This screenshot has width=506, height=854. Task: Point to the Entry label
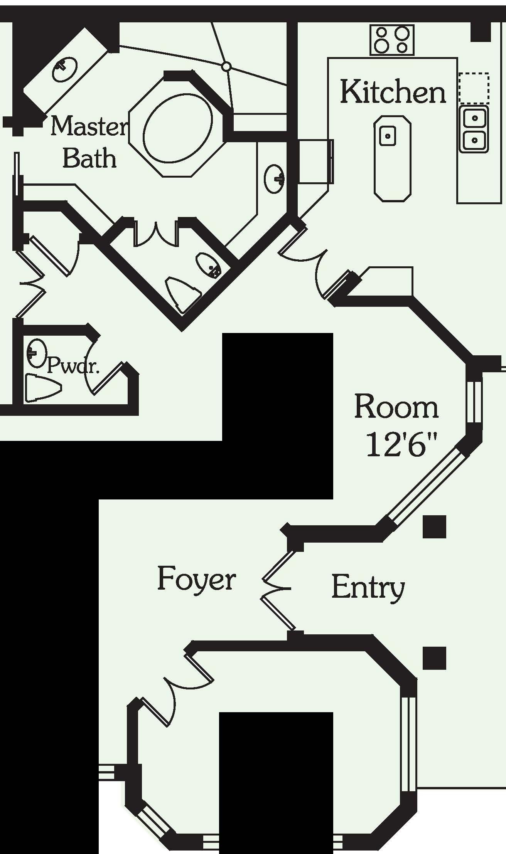[368, 587]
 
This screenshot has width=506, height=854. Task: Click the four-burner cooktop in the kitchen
[392, 40]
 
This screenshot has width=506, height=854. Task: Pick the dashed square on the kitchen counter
[474, 88]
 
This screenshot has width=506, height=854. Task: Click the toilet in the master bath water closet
[182, 293]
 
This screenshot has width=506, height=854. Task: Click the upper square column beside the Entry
[434, 526]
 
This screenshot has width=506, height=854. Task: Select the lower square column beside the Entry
[434, 658]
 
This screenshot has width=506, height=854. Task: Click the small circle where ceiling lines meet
[227, 67]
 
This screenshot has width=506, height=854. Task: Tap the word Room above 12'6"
[396, 407]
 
